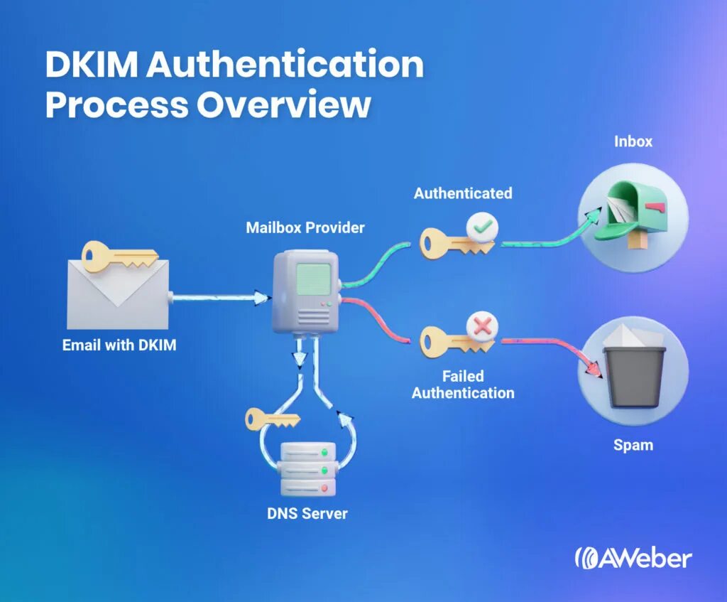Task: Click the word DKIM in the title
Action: (x=92, y=65)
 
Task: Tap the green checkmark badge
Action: (x=482, y=228)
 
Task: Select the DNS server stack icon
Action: (x=307, y=468)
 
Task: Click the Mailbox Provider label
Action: (x=305, y=228)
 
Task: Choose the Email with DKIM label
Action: (x=118, y=345)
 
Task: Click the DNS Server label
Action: (x=307, y=513)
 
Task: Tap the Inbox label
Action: (x=633, y=141)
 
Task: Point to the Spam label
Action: (x=633, y=446)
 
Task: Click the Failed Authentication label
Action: (x=463, y=385)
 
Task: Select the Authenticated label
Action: (x=463, y=193)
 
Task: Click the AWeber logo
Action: (x=633, y=557)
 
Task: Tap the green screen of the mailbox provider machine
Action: (x=312, y=279)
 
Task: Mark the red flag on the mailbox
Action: (x=656, y=208)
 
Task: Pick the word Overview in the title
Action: (x=284, y=104)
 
